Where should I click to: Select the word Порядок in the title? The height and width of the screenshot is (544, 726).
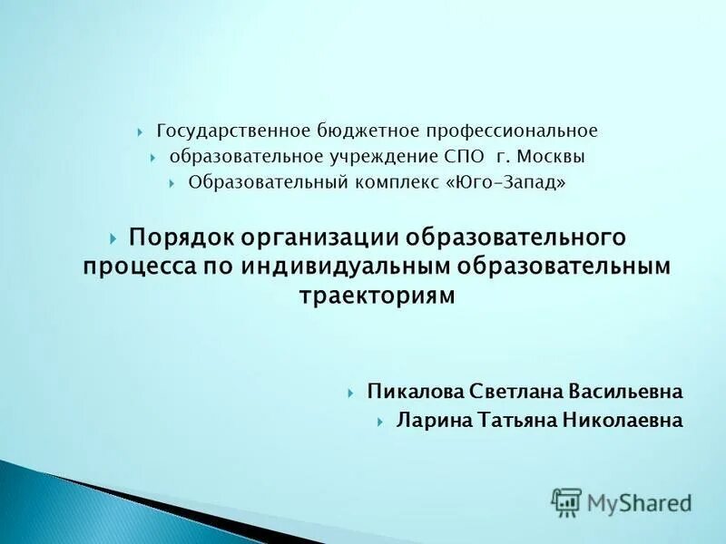[181, 238]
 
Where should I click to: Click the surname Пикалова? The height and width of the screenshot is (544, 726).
[415, 392]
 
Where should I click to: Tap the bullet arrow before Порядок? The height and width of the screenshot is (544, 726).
[113, 238]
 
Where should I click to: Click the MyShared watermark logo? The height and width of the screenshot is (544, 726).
[622, 501]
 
